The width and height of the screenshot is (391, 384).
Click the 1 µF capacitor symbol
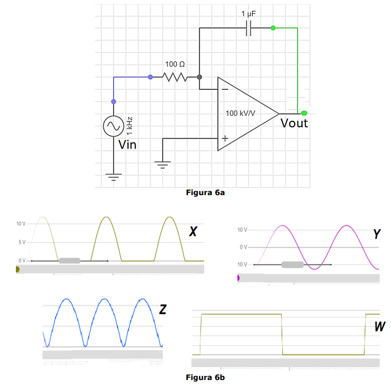[x=248, y=28]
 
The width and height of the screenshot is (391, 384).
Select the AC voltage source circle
[x=113, y=126]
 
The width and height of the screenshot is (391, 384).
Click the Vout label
[x=294, y=123]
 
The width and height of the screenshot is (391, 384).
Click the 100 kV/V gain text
[x=240, y=113]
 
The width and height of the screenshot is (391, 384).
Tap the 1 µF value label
[x=248, y=13]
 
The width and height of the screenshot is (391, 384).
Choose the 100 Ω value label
[x=174, y=65]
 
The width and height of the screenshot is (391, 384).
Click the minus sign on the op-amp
[x=225, y=89]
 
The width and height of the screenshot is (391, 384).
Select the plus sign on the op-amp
[x=225, y=138]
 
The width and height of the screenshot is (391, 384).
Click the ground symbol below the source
[x=113, y=177]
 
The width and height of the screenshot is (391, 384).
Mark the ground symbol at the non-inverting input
[x=163, y=165]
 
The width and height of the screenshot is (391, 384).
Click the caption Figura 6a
[x=206, y=193]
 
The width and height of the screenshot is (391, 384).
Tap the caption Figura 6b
[x=206, y=376]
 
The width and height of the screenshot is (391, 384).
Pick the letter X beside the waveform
[x=193, y=231]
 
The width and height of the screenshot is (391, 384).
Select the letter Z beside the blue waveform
[x=163, y=310]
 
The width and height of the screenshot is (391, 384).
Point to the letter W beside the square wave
[x=380, y=327]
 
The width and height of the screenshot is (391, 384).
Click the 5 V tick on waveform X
[x=22, y=242]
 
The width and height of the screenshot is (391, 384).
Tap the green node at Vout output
[x=304, y=113]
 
